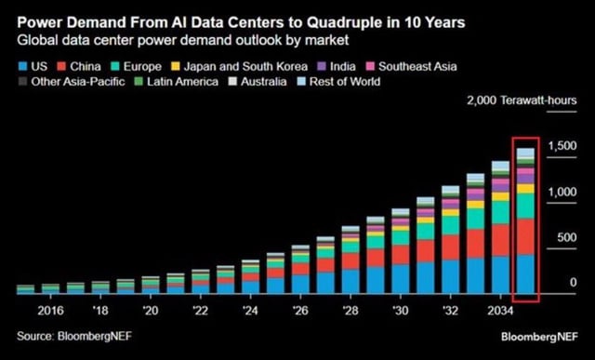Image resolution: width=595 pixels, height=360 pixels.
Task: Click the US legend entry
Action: (33, 66)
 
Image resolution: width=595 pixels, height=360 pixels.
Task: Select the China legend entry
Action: (82, 66)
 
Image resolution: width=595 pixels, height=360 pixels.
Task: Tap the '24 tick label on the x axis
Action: (251, 309)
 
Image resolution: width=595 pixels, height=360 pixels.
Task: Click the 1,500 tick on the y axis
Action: (558, 145)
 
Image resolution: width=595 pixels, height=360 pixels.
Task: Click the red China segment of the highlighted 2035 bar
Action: (525, 235)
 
